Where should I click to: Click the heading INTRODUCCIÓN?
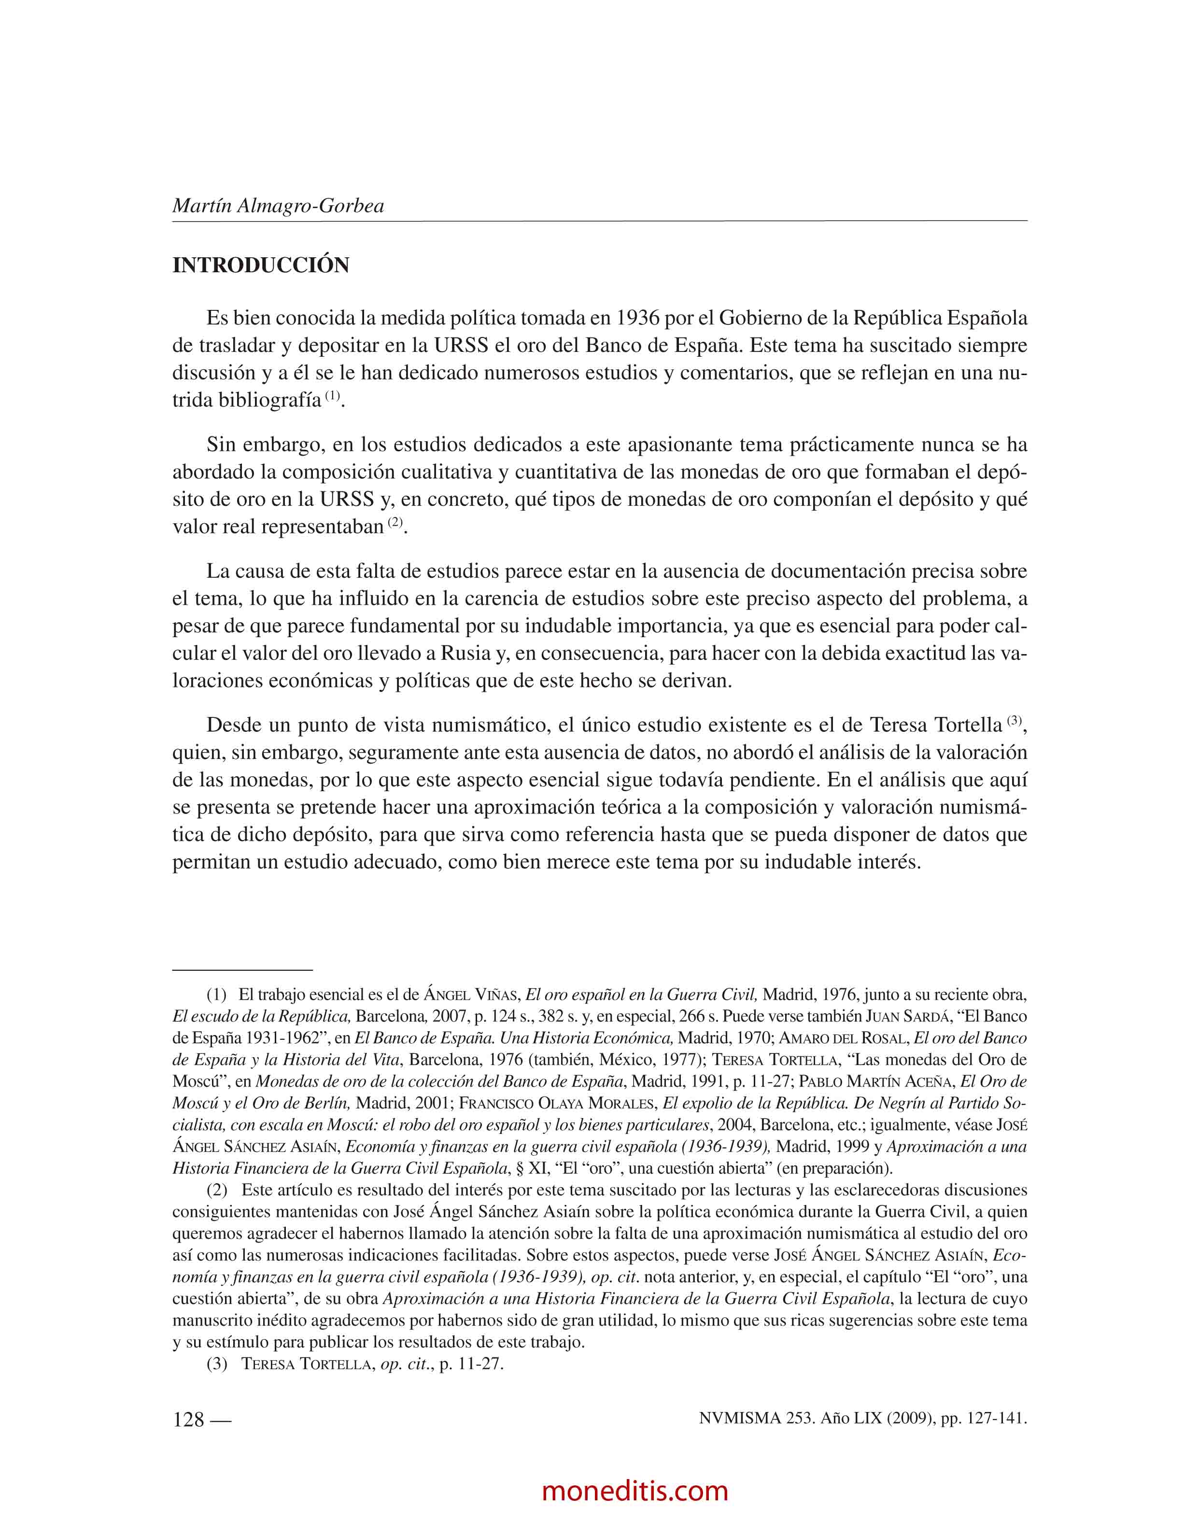261,266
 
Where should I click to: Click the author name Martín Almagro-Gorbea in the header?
278,206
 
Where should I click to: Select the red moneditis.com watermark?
635,1490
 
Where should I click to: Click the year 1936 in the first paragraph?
637,318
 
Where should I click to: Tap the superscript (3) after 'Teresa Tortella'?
1014,720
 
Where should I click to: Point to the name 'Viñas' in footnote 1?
497,995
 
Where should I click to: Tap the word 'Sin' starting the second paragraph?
221,445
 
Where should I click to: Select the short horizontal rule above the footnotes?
242,970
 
